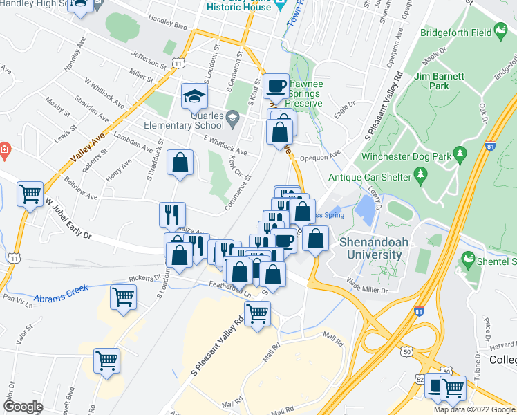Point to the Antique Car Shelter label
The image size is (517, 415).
369,177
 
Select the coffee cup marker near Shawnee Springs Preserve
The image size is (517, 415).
276,86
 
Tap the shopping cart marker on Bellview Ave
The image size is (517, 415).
30,194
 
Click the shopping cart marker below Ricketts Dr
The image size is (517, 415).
123,297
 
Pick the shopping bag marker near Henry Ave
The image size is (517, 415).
180,163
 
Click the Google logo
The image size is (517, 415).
23,407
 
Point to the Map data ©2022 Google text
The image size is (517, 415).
474,409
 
